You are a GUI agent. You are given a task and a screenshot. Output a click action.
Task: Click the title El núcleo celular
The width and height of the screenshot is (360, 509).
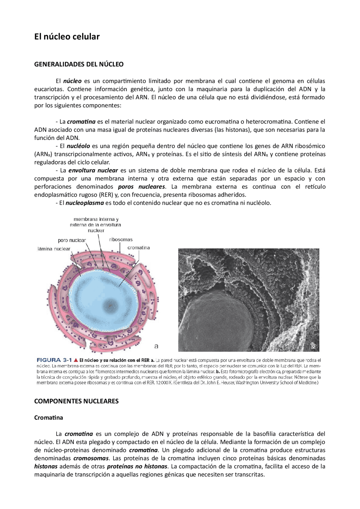pyautogui.click(x=67, y=37)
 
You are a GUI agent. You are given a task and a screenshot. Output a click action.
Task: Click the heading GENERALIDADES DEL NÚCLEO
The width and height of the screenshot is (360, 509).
pyautogui.click(x=79, y=64)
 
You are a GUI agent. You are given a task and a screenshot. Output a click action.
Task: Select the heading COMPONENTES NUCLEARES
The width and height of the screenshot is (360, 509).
pyautogui.click(x=76, y=401)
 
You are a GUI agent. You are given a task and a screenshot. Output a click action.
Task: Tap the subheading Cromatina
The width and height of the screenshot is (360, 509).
pyautogui.click(x=48, y=418)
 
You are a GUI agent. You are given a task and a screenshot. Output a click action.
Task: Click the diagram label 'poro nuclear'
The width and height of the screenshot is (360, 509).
pyautogui.click(x=72, y=240)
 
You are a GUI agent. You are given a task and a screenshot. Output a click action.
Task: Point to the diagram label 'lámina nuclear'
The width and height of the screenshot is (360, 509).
pyautogui.click(x=54, y=249)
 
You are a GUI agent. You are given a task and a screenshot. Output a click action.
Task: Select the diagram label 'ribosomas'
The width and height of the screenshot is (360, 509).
pyautogui.click(x=121, y=239)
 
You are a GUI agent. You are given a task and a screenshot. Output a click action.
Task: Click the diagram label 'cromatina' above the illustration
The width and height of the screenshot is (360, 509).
pyautogui.click(x=138, y=248)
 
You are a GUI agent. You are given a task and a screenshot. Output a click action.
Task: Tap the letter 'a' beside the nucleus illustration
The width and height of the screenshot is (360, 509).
pyautogui.click(x=156, y=346)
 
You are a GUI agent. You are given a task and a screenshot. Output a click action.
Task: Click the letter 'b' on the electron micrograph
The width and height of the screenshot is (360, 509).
pyautogui.click(x=313, y=346)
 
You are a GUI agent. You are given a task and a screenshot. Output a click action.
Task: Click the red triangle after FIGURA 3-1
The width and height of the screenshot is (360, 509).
pyautogui.click(x=76, y=360)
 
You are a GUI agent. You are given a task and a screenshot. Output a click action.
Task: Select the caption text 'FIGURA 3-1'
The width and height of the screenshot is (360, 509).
pyautogui.click(x=54, y=360)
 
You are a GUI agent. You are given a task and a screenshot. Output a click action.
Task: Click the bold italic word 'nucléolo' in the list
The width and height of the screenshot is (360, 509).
pyautogui.click(x=78, y=146)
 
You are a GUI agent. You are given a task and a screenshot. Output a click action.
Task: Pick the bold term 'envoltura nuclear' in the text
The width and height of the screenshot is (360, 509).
pyautogui.click(x=93, y=171)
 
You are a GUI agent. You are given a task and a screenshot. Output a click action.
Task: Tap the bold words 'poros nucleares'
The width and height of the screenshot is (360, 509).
pyautogui.click(x=141, y=187)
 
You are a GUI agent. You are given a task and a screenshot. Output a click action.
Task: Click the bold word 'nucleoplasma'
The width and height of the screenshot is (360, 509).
pyautogui.click(x=85, y=203)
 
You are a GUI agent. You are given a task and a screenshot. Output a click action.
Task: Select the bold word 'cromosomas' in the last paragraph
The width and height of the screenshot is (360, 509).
pyautogui.click(x=91, y=458)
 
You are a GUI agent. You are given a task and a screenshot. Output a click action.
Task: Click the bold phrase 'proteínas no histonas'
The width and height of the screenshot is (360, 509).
pyautogui.click(x=137, y=467)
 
